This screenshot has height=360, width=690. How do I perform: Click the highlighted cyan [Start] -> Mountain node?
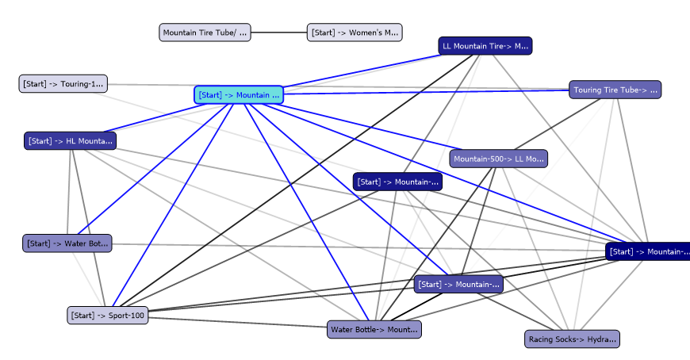click(238, 95)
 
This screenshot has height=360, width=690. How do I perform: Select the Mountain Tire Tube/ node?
click(205, 33)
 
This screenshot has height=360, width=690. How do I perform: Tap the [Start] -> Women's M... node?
click(355, 33)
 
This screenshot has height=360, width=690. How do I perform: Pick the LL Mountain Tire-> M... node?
click(485, 46)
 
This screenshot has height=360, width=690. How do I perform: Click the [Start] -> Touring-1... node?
click(63, 83)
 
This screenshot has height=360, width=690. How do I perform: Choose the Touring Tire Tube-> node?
click(615, 90)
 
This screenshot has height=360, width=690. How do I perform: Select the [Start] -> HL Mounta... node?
click(71, 141)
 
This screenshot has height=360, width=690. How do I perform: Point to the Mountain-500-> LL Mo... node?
click(498, 159)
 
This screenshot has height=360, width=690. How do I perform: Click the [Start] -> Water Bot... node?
click(67, 243)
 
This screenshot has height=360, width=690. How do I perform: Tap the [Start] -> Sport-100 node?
click(107, 316)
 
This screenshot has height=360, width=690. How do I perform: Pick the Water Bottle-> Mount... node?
click(374, 329)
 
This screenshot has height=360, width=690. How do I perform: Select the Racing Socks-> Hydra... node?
click(571, 339)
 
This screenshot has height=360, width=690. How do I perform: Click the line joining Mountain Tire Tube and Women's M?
click(279, 33)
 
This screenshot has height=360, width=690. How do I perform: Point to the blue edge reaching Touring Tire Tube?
click(428, 92)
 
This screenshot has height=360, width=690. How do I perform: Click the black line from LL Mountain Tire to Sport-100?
click(293, 182)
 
